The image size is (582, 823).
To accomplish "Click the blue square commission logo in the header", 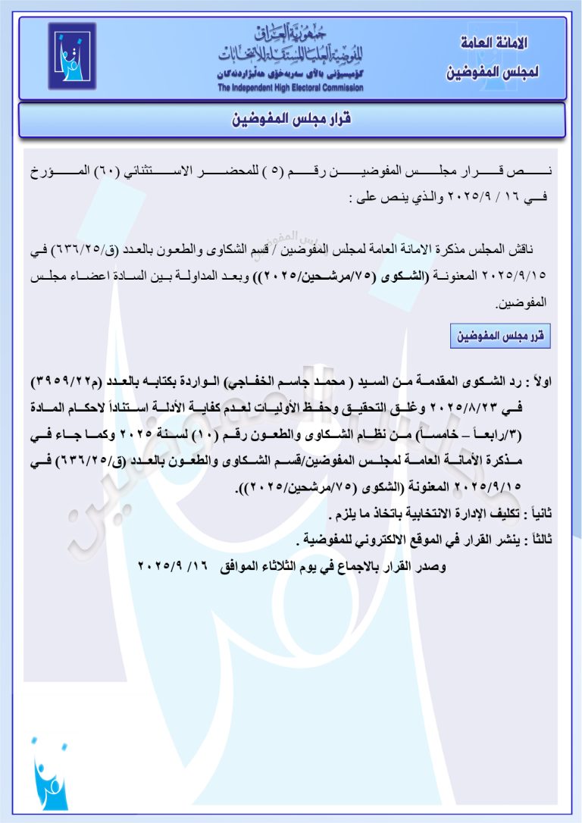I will [x=72, y=56].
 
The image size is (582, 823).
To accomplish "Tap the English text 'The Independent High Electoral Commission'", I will [x=290, y=88].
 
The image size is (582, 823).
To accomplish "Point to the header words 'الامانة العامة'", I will [x=494, y=42].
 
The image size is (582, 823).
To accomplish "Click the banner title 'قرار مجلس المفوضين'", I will [x=291, y=120].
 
